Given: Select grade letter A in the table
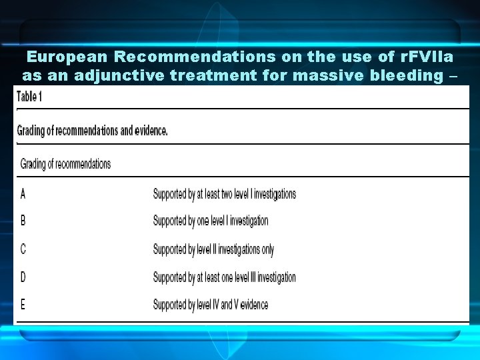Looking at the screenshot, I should coord(23,194).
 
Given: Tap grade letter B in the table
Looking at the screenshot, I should coord(23,221).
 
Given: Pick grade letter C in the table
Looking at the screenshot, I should coord(23,249).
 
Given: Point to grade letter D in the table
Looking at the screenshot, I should coord(23,277).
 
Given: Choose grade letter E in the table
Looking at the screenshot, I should coord(23,305).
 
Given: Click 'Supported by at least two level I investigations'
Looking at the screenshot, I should coord(224,194).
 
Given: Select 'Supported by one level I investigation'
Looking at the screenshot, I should coord(211,221).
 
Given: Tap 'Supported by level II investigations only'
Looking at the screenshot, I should coord(213,249).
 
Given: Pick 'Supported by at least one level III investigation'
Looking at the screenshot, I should coord(224,277).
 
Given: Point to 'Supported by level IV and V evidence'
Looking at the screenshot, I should coord(211,305).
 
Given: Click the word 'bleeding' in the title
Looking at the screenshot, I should coord(403,76).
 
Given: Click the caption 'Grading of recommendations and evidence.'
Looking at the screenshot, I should coord(92,131).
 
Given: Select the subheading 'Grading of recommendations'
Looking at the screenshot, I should coord(65,164).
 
